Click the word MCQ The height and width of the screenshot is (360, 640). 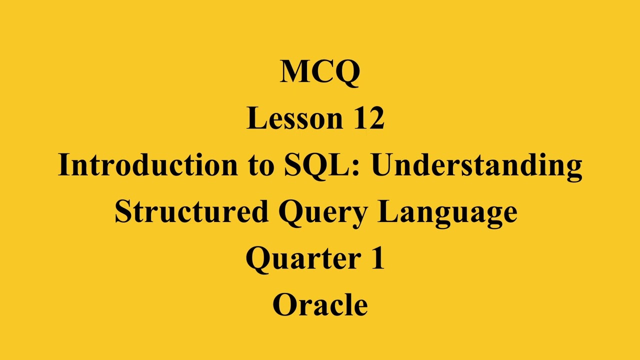tap(320, 71)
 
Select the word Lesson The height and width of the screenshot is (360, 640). tap(294, 118)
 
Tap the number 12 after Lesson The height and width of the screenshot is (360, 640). tap(369, 118)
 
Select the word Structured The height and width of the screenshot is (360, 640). tap(191, 211)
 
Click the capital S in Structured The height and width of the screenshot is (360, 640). tap(122, 211)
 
